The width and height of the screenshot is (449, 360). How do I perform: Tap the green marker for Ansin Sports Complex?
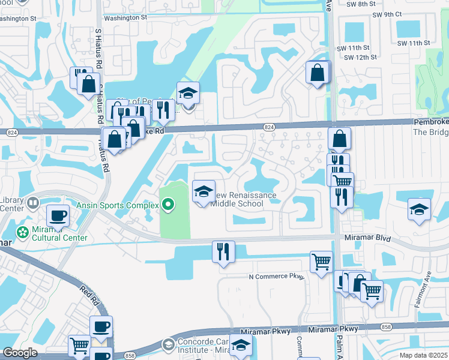click(168, 205)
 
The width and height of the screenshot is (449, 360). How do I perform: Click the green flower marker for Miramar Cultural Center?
click(23, 232)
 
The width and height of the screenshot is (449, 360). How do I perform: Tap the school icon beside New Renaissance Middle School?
click(203, 192)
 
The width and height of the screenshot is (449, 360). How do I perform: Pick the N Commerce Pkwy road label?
click(277, 277)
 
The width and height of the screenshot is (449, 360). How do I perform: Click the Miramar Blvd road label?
click(367, 238)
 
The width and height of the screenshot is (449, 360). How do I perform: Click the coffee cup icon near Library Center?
click(58, 215)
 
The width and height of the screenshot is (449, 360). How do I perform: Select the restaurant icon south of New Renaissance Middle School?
click(223, 251)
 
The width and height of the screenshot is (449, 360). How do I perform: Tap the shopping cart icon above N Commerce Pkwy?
click(322, 261)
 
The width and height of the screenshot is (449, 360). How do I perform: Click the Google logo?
click(20, 353)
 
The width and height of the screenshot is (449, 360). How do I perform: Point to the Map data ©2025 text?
click(424, 355)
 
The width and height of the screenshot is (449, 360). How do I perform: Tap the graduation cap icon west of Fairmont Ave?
click(419, 209)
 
